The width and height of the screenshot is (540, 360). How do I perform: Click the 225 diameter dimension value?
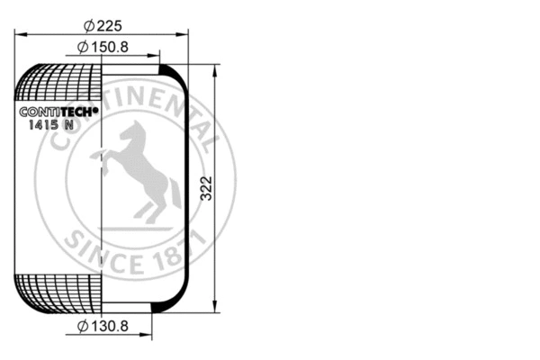tap(110, 25)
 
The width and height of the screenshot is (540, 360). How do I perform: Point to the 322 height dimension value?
tap(206, 188)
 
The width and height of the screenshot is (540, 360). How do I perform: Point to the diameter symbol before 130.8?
tap(82, 326)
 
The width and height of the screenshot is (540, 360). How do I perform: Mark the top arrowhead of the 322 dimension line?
tap(216, 69)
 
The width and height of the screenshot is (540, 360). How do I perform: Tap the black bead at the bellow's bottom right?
tap(159, 308)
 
